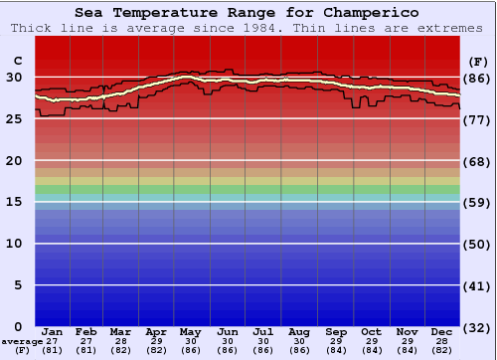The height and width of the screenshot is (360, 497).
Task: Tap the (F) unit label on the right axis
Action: click(x=477, y=63)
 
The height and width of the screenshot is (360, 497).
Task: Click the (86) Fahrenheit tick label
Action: click(x=477, y=78)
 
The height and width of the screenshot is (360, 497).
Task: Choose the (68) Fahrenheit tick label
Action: click(x=477, y=161)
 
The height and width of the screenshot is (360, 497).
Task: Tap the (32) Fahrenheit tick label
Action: click(x=477, y=327)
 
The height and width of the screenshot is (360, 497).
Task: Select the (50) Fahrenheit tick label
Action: click(x=477, y=244)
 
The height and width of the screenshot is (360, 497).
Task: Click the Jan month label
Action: click(x=53, y=331)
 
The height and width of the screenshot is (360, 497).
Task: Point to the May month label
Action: click(x=192, y=331)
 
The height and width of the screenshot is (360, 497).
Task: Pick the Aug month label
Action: click(x=298, y=331)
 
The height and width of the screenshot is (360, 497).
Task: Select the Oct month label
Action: click(x=370, y=331)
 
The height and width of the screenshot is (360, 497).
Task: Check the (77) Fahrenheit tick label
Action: click(x=477, y=119)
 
